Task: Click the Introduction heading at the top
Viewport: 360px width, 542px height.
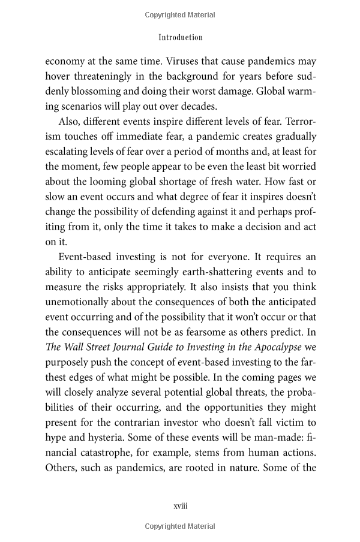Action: click(x=181, y=37)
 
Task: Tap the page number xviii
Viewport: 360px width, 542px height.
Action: click(x=181, y=506)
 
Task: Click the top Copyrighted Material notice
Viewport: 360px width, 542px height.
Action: click(x=181, y=15)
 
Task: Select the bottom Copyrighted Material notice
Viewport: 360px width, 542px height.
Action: click(x=181, y=526)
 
